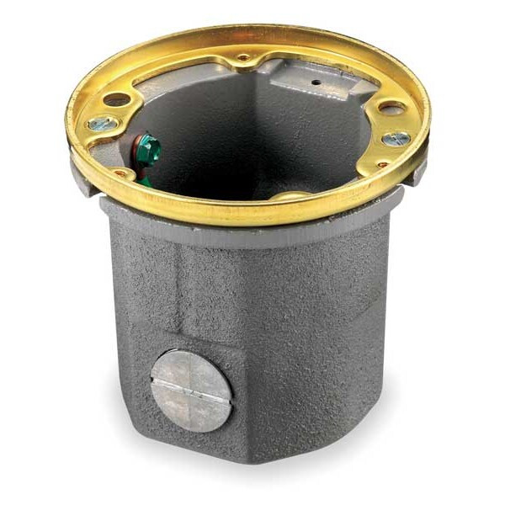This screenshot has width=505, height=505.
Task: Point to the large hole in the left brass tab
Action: coord(117,99)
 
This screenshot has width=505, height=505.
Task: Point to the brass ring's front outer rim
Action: coord(252,217)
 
